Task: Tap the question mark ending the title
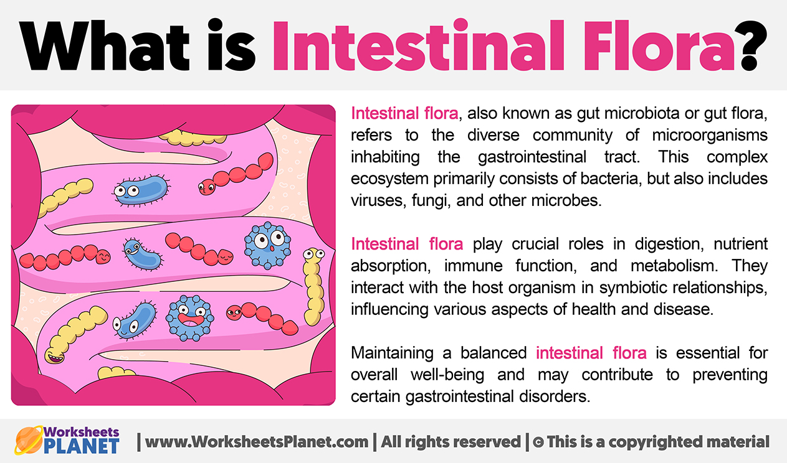(753, 45)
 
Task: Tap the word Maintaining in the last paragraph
(392, 353)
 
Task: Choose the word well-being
(447, 375)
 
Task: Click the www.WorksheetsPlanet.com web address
(257, 442)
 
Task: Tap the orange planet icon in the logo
(29, 440)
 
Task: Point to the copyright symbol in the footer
(538, 442)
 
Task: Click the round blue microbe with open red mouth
(189, 318)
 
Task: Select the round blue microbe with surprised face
(268, 245)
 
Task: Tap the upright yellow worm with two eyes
(313, 286)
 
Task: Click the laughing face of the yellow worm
(54, 355)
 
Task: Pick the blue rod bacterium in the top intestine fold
(141, 190)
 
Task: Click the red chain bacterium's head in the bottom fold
(234, 312)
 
